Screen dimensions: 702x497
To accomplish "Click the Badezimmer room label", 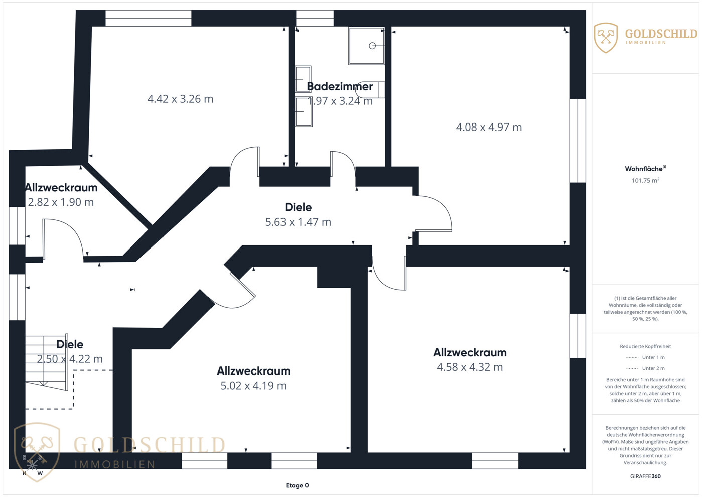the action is (340, 86).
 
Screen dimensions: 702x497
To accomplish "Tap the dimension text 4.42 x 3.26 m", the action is (180, 99).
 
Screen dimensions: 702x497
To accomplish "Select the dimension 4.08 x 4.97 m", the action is (489, 127).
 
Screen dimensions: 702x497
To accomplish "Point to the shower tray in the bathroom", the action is (366, 46).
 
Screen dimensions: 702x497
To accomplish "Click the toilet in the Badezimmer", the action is (370, 90).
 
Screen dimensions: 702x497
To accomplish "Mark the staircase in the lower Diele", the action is (46, 362).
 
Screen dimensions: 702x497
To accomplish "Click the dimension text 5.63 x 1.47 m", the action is (298, 222).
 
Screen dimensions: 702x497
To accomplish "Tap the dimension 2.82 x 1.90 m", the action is (61, 202).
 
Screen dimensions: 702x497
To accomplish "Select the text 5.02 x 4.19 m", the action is (253, 386).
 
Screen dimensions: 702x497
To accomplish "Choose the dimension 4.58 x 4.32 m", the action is (470, 367).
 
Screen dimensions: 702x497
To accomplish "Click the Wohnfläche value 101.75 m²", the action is (645, 180).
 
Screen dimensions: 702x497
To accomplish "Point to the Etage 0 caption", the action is (297, 485).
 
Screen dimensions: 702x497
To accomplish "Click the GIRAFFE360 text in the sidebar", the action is (645, 476).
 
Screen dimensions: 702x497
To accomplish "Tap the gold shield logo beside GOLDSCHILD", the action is (606, 38).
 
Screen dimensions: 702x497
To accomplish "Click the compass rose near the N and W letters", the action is (32, 464).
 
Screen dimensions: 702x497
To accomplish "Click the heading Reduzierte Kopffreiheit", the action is (645, 346).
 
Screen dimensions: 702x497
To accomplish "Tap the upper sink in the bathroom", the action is (303, 79).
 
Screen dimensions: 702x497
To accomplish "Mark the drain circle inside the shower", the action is (372, 46).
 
